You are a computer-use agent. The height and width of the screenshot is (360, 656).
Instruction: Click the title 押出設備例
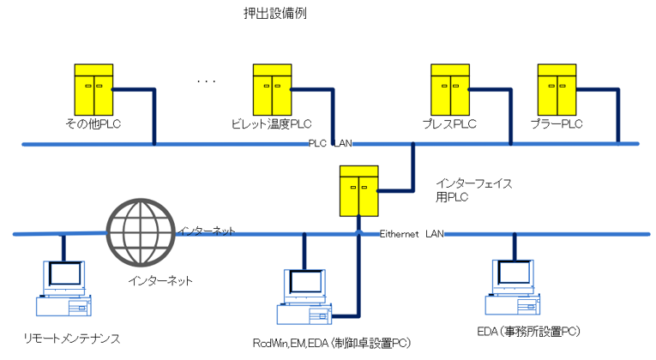click(276, 15)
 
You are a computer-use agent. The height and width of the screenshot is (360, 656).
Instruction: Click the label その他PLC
click(90, 125)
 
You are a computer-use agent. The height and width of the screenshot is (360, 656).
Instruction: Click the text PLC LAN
click(330, 144)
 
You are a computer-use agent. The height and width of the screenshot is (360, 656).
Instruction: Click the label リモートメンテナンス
click(71, 339)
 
